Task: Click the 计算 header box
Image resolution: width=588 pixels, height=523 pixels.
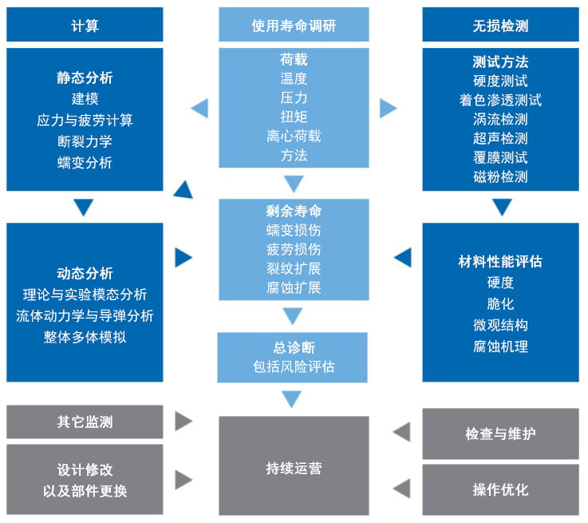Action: (85, 26)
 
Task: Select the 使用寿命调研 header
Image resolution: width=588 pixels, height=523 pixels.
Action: (294, 26)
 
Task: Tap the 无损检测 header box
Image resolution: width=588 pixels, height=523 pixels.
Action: (500, 26)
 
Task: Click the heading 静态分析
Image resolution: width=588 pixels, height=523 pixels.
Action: (85, 78)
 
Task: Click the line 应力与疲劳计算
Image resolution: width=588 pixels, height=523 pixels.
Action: (85, 121)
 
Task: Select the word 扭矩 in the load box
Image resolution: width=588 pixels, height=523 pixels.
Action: (294, 117)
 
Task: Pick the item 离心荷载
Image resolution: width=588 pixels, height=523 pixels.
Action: (294, 136)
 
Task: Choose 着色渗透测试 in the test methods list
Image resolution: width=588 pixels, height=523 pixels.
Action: (500, 100)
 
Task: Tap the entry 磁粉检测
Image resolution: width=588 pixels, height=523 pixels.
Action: (500, 176)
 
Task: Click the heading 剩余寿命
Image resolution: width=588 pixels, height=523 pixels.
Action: (294, 212)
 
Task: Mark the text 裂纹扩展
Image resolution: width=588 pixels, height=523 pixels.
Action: (294, 268)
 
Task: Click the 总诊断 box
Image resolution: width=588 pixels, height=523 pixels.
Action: (294, 357)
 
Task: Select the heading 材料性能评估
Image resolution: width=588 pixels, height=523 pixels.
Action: (500, 261)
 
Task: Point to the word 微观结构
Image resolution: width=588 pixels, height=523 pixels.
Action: (500, 325)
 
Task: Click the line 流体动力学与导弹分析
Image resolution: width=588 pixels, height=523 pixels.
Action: (85, 315)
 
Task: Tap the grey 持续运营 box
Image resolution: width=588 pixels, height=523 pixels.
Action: (294, 467)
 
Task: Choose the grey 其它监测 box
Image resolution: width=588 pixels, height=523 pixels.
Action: (85, 422)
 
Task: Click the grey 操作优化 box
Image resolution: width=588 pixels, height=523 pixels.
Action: (500, 489)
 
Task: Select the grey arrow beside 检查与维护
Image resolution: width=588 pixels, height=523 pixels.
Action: (401, 433)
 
